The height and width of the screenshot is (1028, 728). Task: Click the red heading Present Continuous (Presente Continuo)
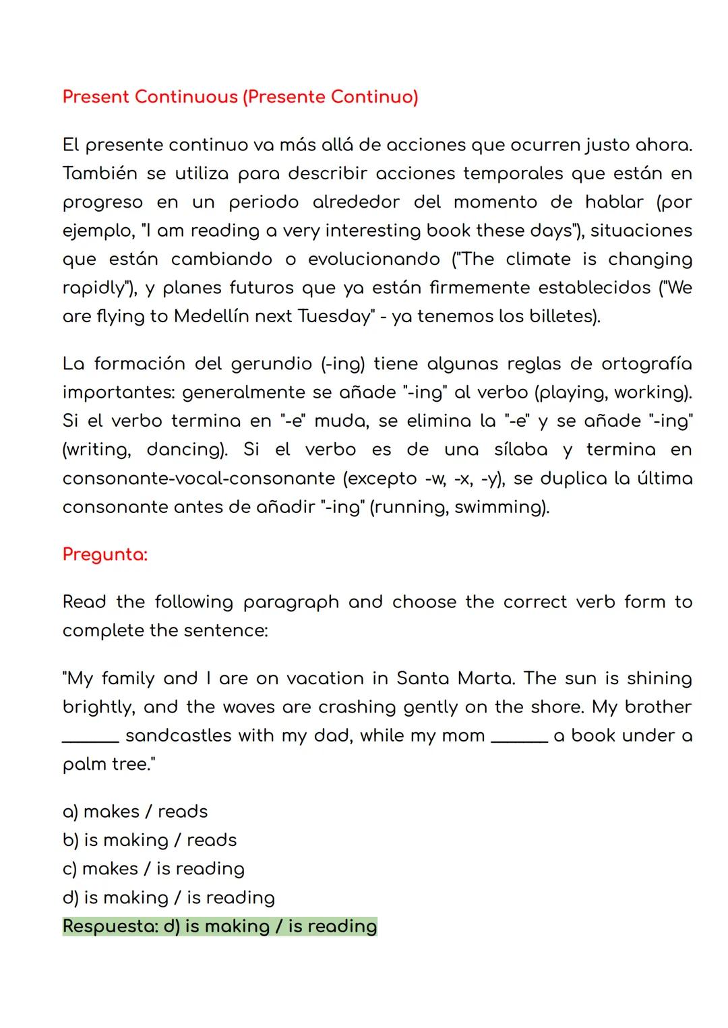pyautogui.click(x=240, y=97)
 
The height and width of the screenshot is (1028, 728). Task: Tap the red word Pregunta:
pyautogui.click(x=104, y=554)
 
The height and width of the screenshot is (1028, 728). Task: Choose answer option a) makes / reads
pyautogui.click(x=135, y=812)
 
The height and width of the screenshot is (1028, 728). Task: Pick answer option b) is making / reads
pyautogui.click(x=150, y=841)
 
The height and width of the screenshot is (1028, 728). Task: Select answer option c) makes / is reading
pyautogui.click(x=153, y=869)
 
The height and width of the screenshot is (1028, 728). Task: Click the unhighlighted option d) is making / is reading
pyautogui.click(x=169, y=898)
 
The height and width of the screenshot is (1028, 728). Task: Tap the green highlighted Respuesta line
pyautogui.click(x=220, y=926)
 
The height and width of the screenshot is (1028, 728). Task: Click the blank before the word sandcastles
pyautogui.click(x=90, y=739)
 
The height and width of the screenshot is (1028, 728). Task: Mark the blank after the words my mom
pyautogui.click(x=519, y=739)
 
